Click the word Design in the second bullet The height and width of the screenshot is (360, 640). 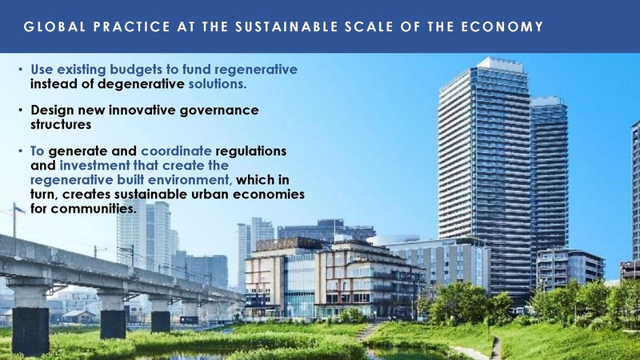[x=53, y=110]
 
